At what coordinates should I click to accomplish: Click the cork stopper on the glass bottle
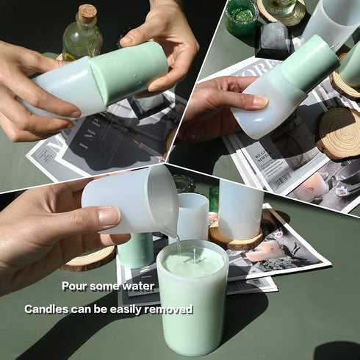pyautogui.click(x=87, y=13)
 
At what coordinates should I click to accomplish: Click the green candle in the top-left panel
pyautogui.click(x=129, y=72)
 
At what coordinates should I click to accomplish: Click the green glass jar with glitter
pyautogui.click(x=242, y=16)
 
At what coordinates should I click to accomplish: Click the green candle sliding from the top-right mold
pyautogui.click(x=309, y=62)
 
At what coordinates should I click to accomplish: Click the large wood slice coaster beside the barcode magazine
pyautogui.click(x=339, y=132)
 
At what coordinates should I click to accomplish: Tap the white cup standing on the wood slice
pyautogui.click(x=241, y=210)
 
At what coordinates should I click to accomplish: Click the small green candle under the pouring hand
pyautogui.click(x=136, y=251)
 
